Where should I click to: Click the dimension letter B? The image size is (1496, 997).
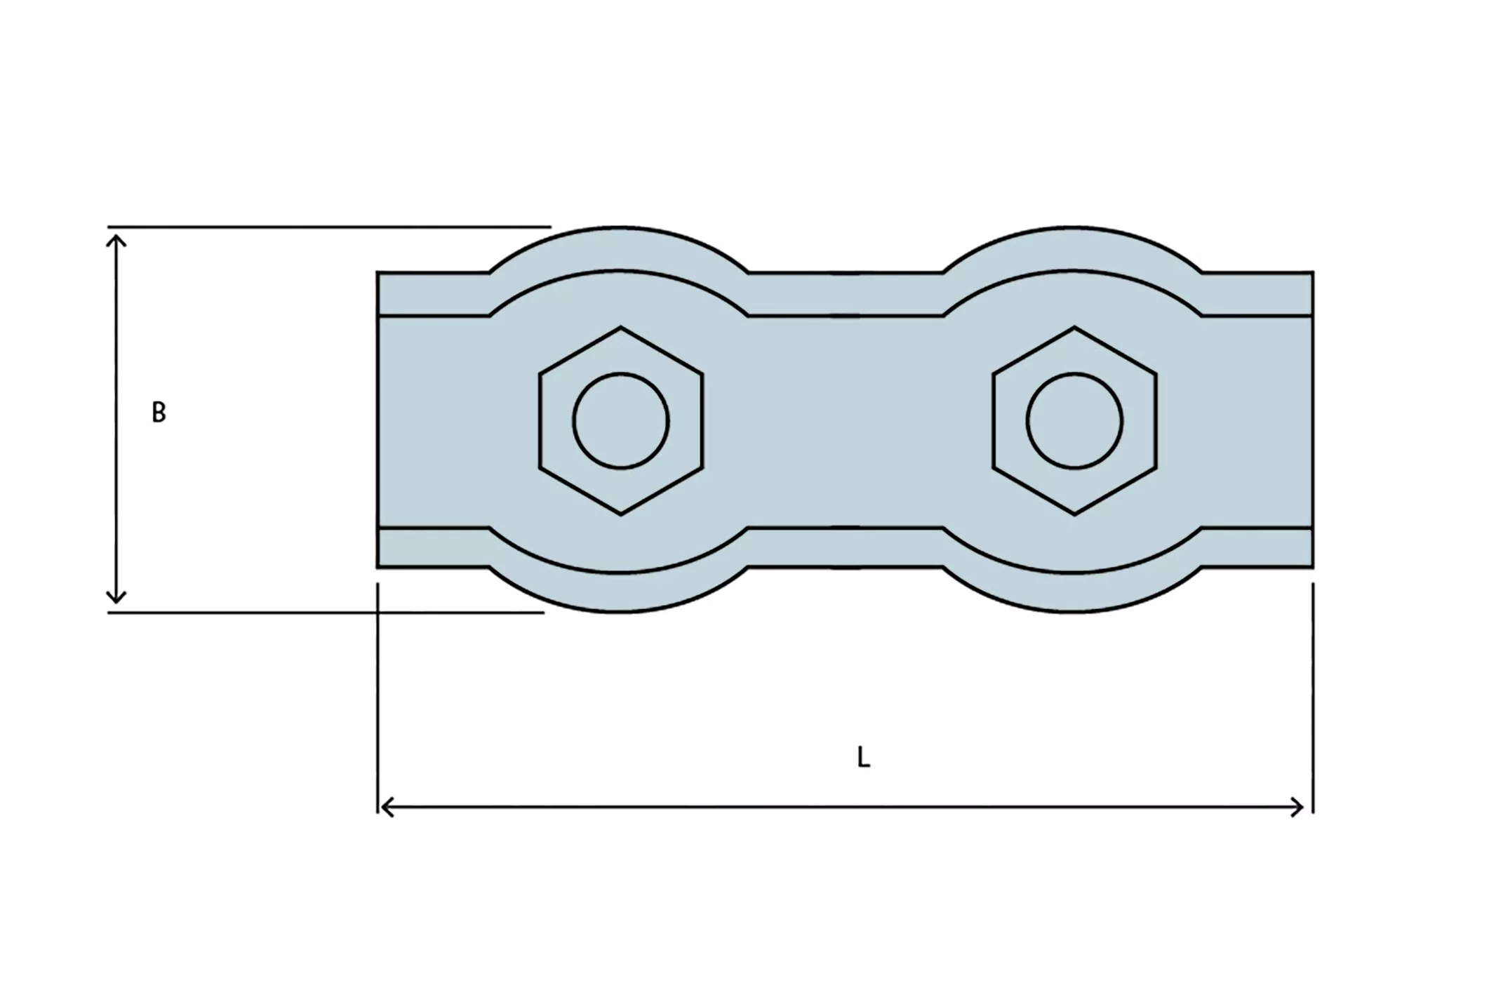click(159, 412)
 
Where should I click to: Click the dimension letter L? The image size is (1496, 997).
click(864, 757)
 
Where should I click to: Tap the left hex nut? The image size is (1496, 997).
click(621, 421)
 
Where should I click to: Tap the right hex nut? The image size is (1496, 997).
click(1074, 421)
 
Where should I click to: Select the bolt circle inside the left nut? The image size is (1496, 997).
click(621, 373)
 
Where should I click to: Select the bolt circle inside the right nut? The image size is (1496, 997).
click(1074, 373)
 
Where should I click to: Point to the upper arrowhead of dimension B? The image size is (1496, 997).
click(116, 240)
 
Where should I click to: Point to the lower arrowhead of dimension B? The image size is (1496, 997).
click(116, 598)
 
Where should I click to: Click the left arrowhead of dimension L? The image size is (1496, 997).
click(386, 808)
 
